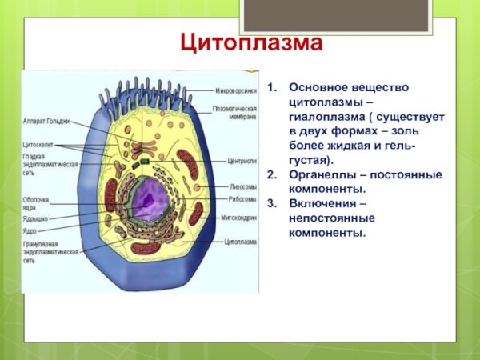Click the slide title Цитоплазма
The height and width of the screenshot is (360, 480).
point(250,42)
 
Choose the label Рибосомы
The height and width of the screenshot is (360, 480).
point(241,199)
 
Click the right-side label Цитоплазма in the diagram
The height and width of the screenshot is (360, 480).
point(239,239)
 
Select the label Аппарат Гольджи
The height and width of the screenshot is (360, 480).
point(46,121)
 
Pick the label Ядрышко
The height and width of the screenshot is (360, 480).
point(36,217)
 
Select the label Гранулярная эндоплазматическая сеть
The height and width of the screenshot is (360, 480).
point(50,253)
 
